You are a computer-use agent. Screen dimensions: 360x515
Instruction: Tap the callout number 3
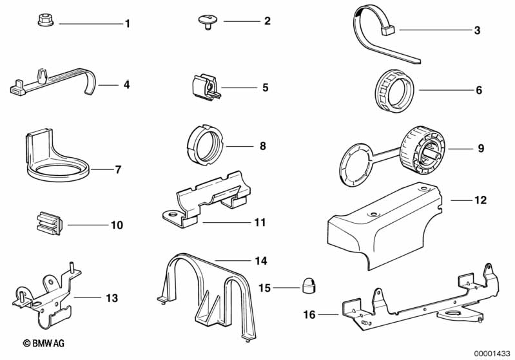(x=477, y=30)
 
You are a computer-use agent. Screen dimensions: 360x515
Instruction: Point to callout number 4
(x=127, y=84)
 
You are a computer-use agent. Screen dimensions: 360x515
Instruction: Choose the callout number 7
(x=118, y=170)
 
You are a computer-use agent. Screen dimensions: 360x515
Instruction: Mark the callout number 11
(x=260, y=222)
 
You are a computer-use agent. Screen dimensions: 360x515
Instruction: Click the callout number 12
(x=480, y=201)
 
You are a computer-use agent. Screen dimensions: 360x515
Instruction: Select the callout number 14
(x=260, y=261)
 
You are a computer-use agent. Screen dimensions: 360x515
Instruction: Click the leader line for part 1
(x=90, y=24)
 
